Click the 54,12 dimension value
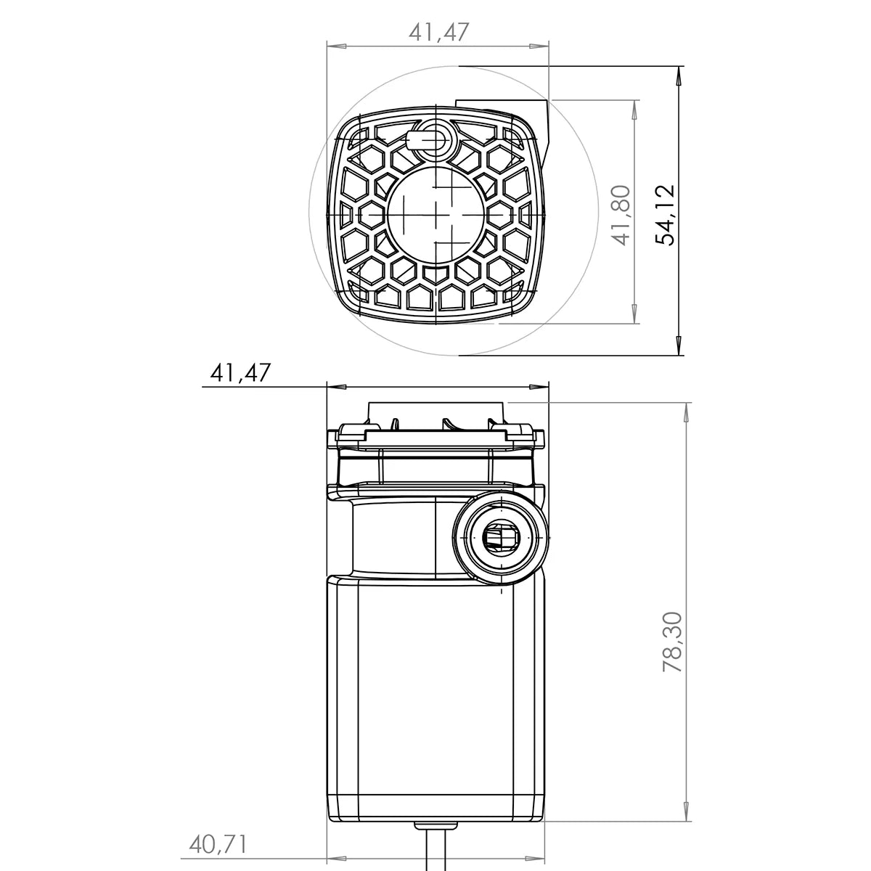[665, 216]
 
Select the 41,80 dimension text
[621, 216]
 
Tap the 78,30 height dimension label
[672, 642]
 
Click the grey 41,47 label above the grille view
[439, 32]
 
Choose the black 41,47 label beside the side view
[240, 373]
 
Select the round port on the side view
[501, 538]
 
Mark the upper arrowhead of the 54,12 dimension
[679, 76]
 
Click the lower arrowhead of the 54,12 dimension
[679, 347]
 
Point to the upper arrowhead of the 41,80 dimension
[635, 108]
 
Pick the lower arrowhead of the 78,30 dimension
[687, 813]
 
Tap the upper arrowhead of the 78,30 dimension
[687, 411]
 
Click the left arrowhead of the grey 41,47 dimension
[335, 46]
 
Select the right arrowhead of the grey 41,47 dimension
[540, 46]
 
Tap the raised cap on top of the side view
[435, 412]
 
